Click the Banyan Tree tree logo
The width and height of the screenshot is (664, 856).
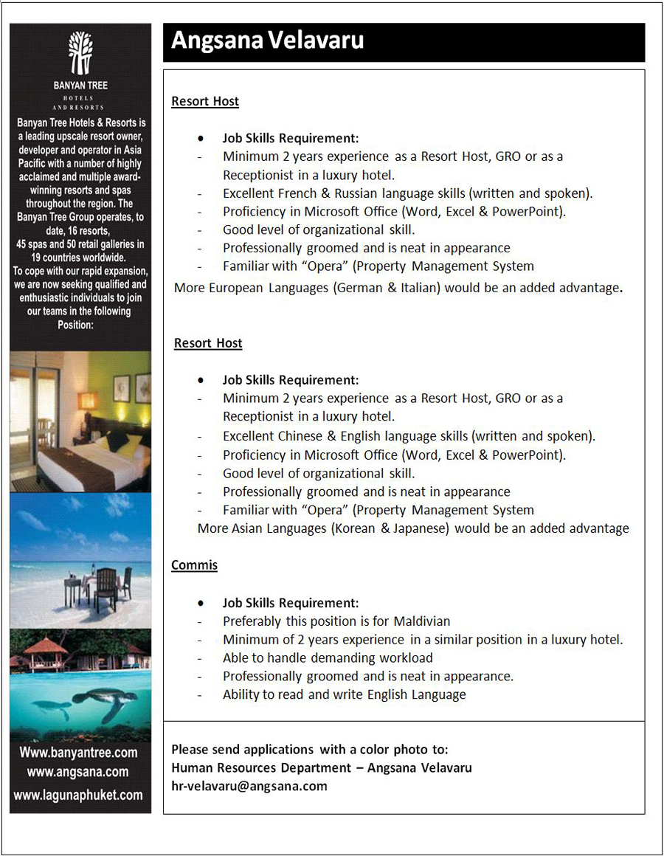(x=80, y=52)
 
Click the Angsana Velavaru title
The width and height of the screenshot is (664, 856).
(x=267, y=41)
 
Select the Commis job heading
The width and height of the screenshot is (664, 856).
(x=194, y=565)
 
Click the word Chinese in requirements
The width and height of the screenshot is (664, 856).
(x=301, y=436)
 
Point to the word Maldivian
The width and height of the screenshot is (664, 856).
(x=421, y=621)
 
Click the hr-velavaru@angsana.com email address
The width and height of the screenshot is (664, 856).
(x=249, y=786)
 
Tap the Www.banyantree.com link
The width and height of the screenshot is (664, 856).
(x=78, y=753)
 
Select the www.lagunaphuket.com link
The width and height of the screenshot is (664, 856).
(x=78, y=795)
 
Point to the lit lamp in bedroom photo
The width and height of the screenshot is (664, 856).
(x=89, y=401)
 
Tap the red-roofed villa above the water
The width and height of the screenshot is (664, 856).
(x=44, y=650)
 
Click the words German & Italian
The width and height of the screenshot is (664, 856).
(x=387, y=288)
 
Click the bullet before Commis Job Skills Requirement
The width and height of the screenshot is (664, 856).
(x=200, y=603)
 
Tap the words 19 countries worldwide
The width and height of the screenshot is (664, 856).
(x=79, y=258)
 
